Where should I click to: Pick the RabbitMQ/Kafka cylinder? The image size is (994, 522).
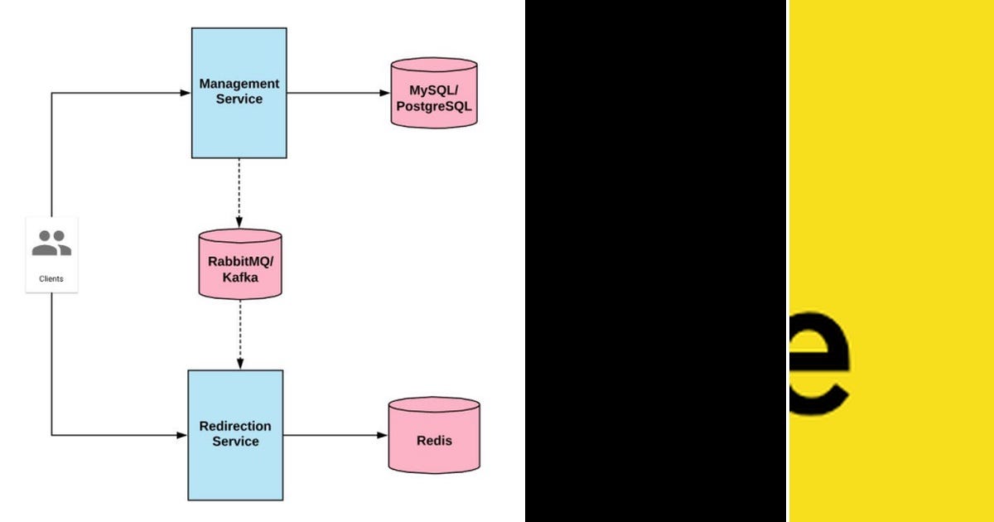[x=240, y=263]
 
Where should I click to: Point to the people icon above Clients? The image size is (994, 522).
[x=51, y=243]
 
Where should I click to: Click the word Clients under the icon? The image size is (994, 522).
[x=51, y=279]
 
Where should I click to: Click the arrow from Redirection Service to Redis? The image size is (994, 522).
[x=335, y=435]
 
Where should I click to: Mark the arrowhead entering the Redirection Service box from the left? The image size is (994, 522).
[x=181, y=435]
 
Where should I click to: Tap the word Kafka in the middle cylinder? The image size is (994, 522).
[x=240, y=278]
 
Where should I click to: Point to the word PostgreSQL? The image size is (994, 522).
[x=434, y=106]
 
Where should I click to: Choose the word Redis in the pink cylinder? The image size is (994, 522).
[x=434, y=441]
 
